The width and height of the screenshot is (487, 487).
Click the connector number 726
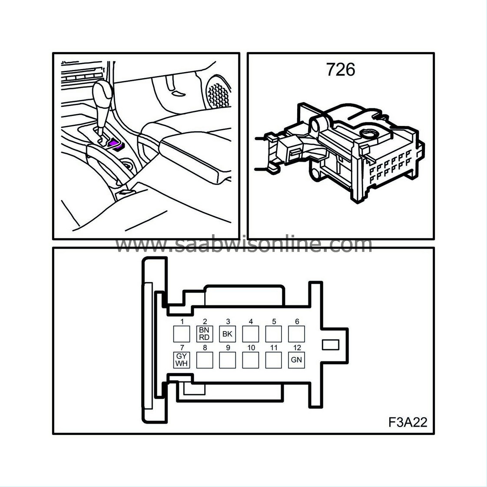(x=341, y=70)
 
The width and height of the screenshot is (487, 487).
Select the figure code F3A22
(x=407, y=422)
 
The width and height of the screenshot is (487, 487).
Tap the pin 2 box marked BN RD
(x=204, y=334)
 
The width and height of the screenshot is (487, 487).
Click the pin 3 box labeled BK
(x=227, y=334)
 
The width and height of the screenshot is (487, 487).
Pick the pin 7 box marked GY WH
(x=182, y=360)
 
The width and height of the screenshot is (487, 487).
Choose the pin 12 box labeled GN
(x=296, y=360)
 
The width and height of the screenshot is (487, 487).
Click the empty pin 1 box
(x=182, y=334)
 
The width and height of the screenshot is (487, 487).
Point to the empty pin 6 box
(x=296, y=334)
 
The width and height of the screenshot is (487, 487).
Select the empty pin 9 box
(x=227, y=360)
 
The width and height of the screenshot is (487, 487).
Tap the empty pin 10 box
(x=250, y=360)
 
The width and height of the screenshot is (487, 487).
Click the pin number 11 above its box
(x=274, y=348)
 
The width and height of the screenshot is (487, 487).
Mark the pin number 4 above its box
(x=251, y=322)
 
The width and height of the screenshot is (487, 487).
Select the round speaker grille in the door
(x=219, y=93)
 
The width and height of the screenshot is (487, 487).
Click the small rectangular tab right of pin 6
(x=330, y=345)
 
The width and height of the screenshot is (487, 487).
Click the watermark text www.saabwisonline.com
(x=244, y=245)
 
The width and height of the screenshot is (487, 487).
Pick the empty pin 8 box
(x=204, y=360)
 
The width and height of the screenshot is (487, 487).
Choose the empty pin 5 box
(x=273, y=334)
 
